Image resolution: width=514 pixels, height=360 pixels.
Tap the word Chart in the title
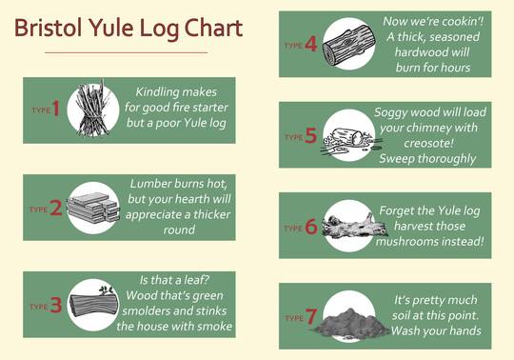click(210, 28)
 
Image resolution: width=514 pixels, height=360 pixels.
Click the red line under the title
click(126, 52)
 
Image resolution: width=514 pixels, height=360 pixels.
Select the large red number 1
click(56, 110)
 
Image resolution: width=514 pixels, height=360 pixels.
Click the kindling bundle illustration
click(92, 110)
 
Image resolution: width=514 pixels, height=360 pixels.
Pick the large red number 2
click(56, 208)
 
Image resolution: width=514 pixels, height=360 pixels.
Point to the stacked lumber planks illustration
click(92, 207)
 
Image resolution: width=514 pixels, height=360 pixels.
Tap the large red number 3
click(56, 306)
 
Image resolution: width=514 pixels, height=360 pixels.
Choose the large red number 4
click(311, 44)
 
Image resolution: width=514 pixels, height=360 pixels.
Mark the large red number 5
click(311, 136)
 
